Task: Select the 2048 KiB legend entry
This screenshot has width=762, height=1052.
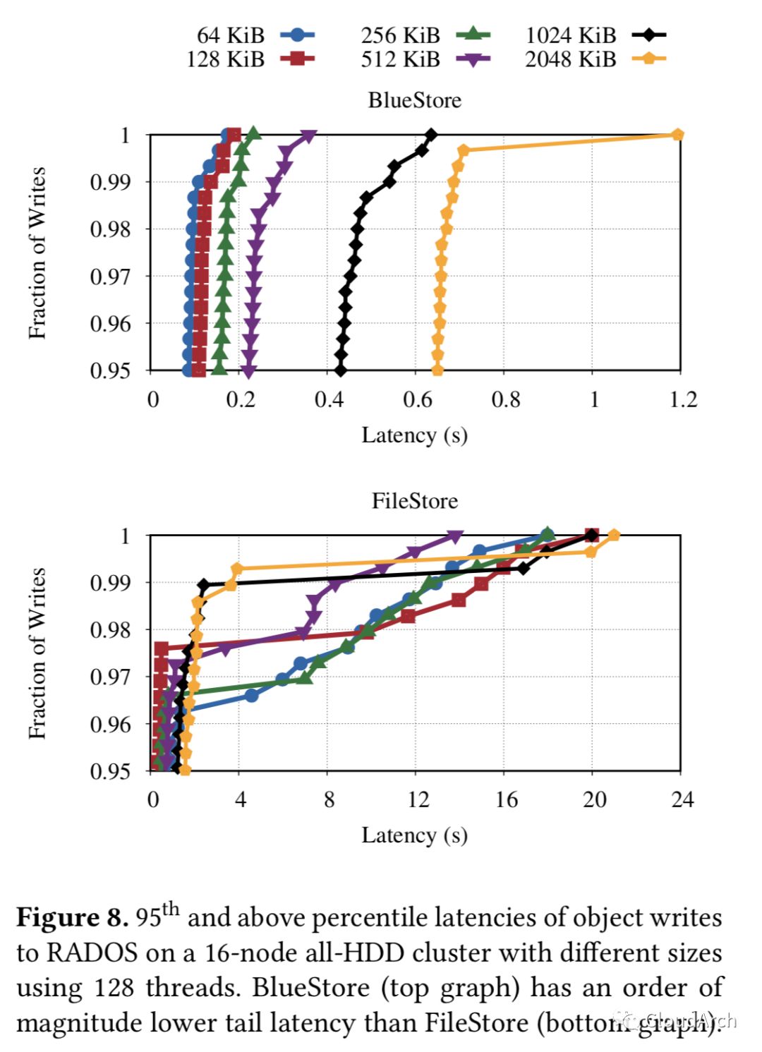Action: point(594,59)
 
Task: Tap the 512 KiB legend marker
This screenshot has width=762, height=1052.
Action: point(473,59)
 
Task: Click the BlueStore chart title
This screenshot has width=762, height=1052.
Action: point(415,100)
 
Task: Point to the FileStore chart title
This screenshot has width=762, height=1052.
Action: point(415,501)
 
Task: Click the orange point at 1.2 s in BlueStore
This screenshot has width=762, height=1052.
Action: point(677,135)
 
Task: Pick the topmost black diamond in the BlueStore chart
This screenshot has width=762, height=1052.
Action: point(431,135)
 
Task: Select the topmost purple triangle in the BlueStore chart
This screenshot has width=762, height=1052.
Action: point(308,136)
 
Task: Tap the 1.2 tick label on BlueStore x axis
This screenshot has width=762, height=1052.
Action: point(683,400)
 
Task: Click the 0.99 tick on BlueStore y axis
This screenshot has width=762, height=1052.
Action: point(110,182)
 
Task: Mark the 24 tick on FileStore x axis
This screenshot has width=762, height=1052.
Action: point(682,799)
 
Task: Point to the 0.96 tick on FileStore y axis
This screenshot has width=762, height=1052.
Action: point(110,724)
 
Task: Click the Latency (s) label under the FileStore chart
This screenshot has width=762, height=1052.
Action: point(415,835)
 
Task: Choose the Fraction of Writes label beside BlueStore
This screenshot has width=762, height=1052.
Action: point(37,253)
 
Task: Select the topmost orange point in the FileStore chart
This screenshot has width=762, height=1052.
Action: point(614,536)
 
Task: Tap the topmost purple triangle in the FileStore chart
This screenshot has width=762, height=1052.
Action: point(456,537)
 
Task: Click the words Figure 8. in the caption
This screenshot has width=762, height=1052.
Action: point(72,917)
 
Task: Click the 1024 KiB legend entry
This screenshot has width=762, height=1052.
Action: point(595,35)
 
